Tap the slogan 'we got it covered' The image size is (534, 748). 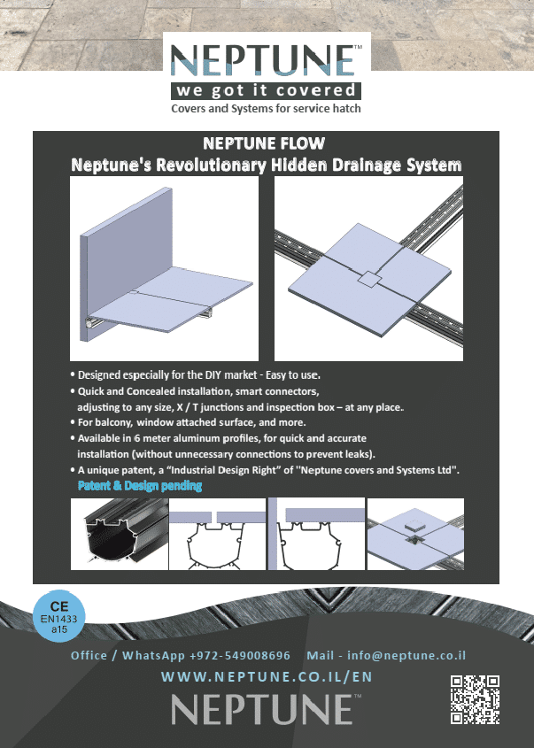pyautogui.click(x=267, y=90)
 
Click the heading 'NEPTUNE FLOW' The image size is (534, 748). pyautogui.click(x=264, y=143)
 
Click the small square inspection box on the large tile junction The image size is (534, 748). pyautogui.click(x=368, y=280)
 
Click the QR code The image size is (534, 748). pyautogui.click(x=476, y=699)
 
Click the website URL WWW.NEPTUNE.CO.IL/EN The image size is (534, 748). pyautogui.click(x=267, y=677)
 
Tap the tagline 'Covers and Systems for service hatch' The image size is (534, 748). pyautogui.click(x=267, y=109)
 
